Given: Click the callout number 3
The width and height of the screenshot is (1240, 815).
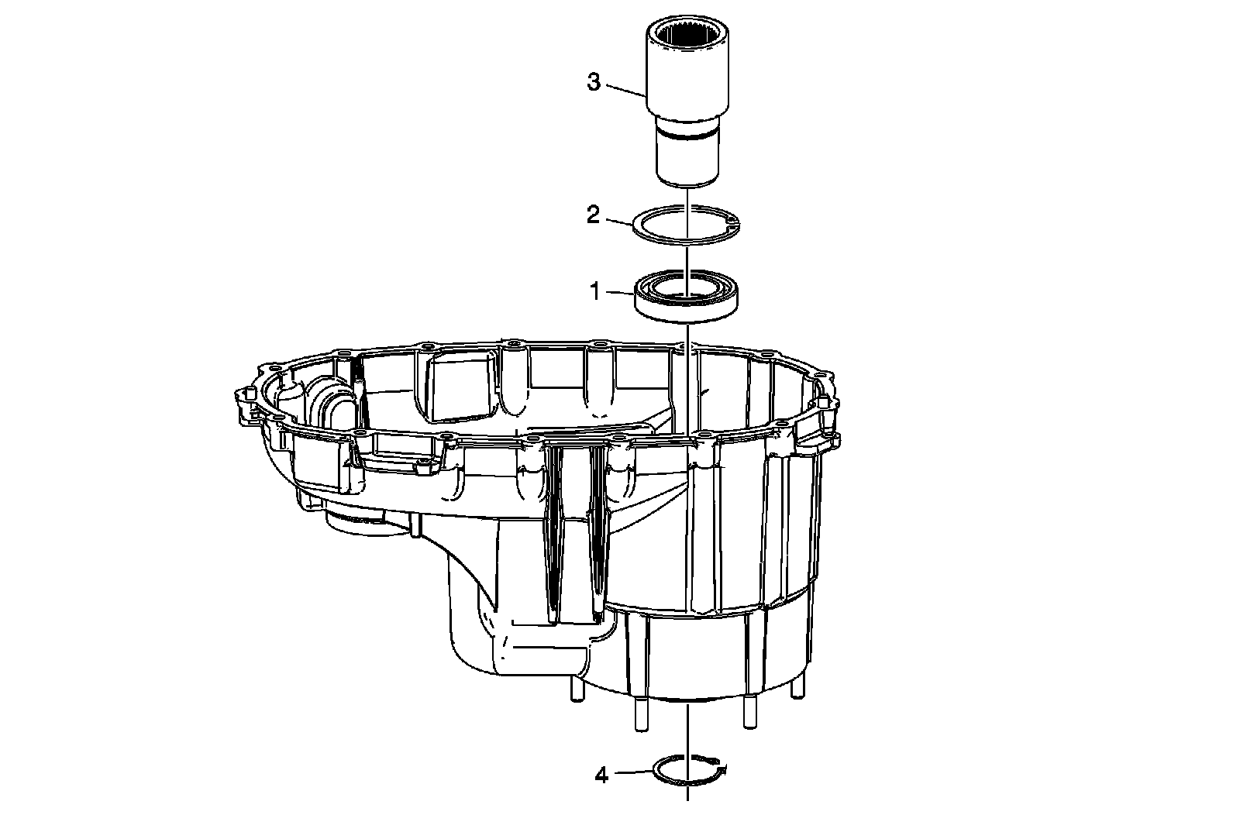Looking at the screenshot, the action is [594, 82].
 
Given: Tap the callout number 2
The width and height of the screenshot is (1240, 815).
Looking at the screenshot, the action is [594, 215].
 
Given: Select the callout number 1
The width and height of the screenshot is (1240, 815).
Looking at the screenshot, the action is [594, 292].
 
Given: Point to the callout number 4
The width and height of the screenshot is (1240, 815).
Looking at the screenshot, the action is [602, 774].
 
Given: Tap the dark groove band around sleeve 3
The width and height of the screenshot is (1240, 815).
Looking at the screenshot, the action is [687, 135].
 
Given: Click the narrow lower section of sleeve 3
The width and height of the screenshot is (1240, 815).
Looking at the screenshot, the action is [687, 159].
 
